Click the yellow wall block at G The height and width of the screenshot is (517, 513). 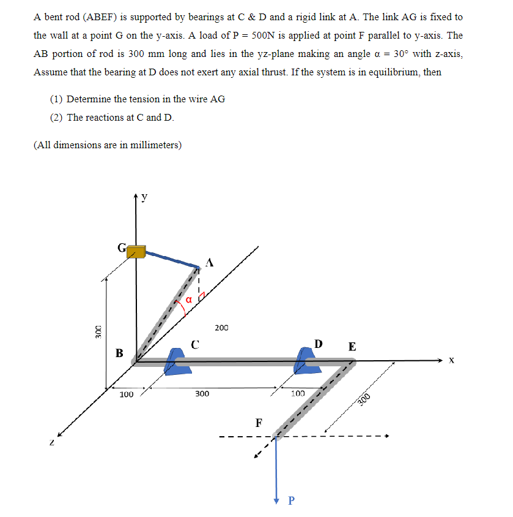pos(136,251)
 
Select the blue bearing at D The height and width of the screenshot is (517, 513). pos(305,361)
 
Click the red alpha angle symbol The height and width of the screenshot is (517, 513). pos(189,299)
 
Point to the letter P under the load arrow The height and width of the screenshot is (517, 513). pos(290,501)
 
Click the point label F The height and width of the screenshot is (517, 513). pos(259,423)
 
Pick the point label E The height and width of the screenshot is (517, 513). pos(352,347)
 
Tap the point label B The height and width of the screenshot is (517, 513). pos(119,353)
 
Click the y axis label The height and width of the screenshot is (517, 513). pos(144,197)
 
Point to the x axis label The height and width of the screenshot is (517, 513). pos(451,361)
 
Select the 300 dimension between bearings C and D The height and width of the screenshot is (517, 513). pos(202,394)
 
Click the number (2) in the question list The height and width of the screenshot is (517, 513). pos(57,117)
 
